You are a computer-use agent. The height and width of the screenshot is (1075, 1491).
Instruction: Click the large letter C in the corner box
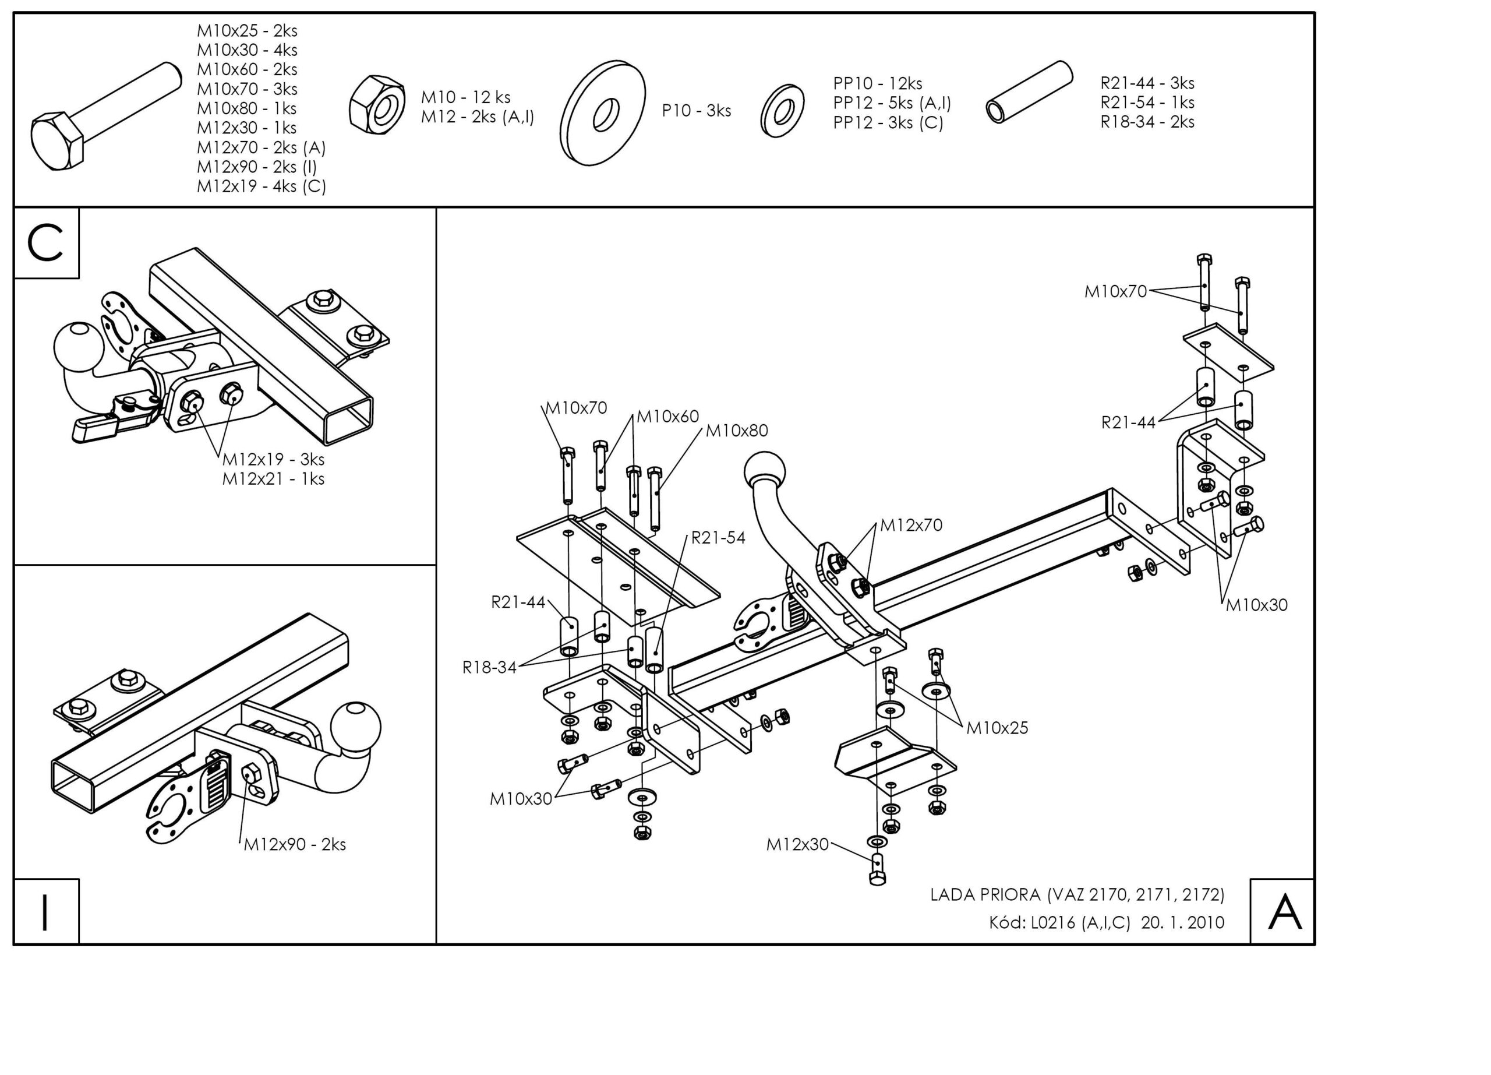click(x=45, y=242)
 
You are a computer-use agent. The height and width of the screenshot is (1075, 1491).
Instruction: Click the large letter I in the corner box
click(x=45, y=912)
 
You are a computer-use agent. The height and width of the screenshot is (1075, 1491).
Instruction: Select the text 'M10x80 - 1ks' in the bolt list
click(x=246, y=108)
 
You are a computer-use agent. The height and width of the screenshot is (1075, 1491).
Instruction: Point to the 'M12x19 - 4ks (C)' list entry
click(x=261, y=186)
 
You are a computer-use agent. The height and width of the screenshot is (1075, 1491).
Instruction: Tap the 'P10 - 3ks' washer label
click(x=696, y=111)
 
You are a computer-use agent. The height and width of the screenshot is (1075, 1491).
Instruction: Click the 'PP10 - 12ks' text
click(x=877, y=83)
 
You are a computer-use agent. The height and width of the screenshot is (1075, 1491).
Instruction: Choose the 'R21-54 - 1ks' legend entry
click(x=1147, y=103)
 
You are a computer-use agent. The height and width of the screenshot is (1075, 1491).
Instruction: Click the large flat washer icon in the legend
click(x=603, y=113)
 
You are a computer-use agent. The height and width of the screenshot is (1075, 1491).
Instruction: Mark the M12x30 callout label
click(x=797, y=845)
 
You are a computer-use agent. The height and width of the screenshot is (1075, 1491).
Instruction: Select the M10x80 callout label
click(x=736, y=431)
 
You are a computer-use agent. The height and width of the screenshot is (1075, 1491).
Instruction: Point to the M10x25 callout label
click(x=997, y=728)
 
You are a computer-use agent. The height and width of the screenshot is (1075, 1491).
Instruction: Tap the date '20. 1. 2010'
click(x=1183, y=922)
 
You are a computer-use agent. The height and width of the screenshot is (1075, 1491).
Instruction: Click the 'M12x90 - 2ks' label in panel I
click(x=295, y=844)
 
